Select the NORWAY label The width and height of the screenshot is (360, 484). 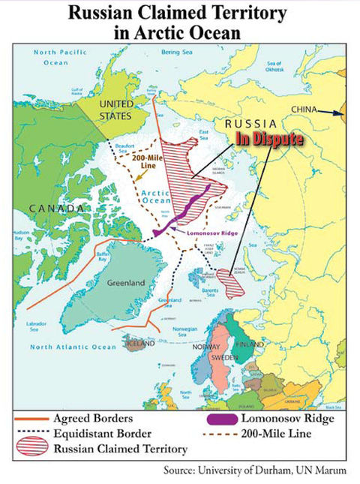click(x=205, y=346)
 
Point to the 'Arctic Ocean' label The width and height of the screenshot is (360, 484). click(x=157, y=197)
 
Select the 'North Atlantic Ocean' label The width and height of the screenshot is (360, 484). click(x=73, y=347)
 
